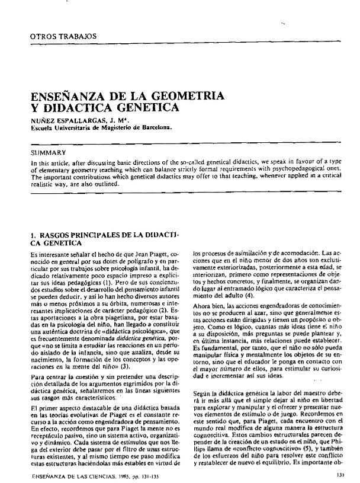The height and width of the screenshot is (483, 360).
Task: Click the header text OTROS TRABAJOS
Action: [x=55, y=37]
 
